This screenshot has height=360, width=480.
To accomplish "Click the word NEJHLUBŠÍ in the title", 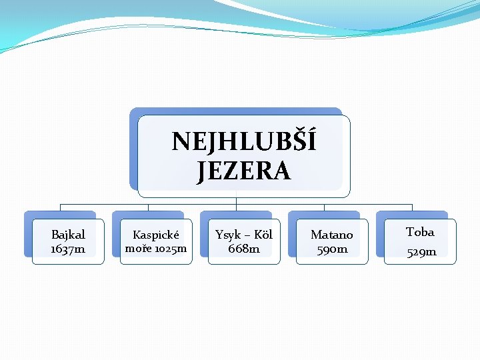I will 244,141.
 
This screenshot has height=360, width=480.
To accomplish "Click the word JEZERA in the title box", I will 244,171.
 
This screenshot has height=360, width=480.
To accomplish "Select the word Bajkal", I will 68,235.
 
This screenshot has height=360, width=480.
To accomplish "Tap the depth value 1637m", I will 68,249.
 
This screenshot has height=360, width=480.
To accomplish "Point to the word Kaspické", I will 156,235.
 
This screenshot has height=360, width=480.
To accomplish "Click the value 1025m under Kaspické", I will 171,249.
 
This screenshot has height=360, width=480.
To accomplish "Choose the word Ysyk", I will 228,235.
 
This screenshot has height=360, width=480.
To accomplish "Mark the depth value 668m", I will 244,249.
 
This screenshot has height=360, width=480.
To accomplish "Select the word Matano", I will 332,235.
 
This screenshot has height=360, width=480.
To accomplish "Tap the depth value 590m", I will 332,249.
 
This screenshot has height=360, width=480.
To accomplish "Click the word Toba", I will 420,232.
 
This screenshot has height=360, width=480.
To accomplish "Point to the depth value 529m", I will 421,251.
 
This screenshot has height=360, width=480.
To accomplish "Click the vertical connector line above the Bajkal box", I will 60,207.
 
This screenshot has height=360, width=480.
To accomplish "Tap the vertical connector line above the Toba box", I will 412,207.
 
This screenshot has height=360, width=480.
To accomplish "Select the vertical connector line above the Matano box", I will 324,207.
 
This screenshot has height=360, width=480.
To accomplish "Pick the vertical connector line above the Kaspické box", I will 148,207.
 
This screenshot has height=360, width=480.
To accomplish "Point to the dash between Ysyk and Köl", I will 246,235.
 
